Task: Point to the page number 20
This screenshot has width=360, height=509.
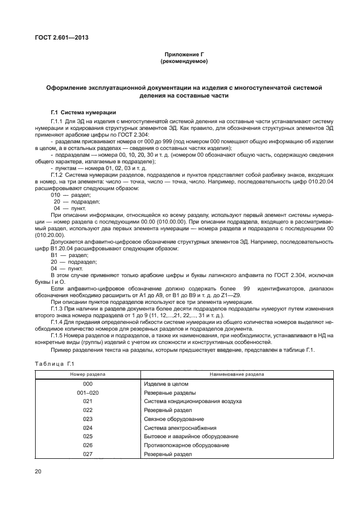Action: pos(38,472)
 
